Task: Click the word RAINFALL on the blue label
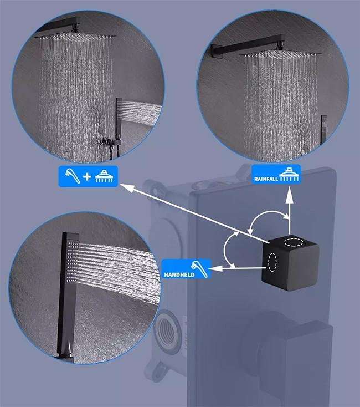[x=266, y=179]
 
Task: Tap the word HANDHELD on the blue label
[x=179, y=274]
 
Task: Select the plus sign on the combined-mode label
[x=87, y=177]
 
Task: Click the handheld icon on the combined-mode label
[x=73, y=176]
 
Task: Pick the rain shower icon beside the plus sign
[x=104, y=176]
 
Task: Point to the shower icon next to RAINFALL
[x=289, y=175]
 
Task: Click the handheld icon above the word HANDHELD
[x=199, y=269]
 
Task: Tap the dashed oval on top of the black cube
[x=294, y=242]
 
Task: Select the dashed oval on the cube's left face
[x=272, y=262]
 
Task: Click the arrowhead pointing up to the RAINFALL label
[x=290, y=195]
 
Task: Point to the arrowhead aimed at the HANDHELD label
[x=216, y=268]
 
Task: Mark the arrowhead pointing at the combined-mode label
[x=128, y=187]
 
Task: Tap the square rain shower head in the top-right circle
[x=280, y=55]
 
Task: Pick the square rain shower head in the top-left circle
[x=76, y=37]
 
